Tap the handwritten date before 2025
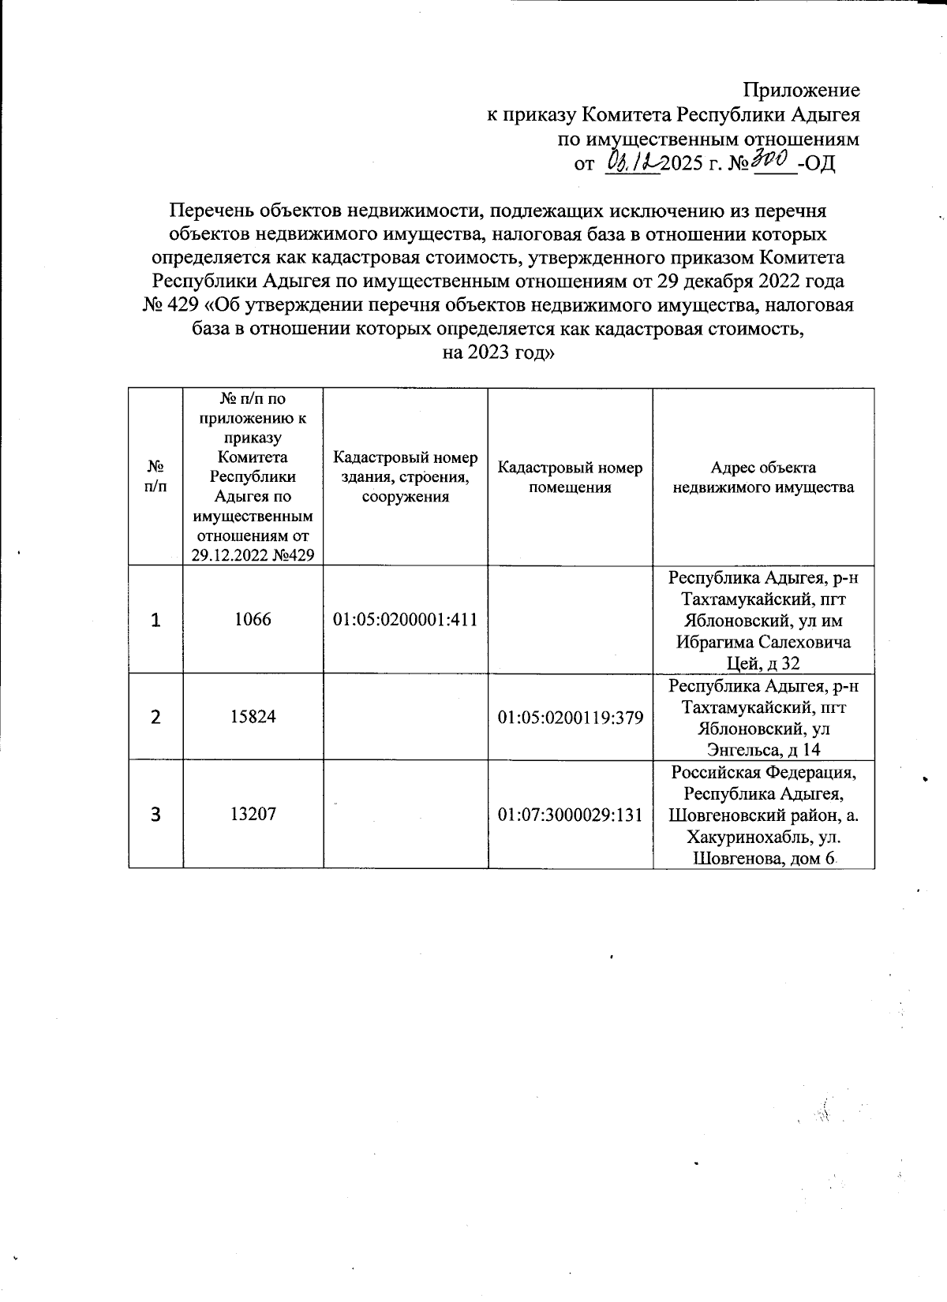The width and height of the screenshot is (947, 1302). click(632, 163)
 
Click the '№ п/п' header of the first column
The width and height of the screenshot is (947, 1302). click(155, 477)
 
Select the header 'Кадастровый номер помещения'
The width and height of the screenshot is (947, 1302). click(570, 477)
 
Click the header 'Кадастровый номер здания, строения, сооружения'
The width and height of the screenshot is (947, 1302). click(405, 477)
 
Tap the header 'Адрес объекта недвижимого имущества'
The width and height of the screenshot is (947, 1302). click(762, 477)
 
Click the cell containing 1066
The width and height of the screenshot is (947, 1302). click(253, 620)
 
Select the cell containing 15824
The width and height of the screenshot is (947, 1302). click(253, 717)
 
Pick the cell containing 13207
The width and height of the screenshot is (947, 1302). click(253, 814)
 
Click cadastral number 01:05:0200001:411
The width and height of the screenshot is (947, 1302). click(405, 620)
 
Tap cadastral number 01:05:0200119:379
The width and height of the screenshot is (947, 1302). click(570, 717)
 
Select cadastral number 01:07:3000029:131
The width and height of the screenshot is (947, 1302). click(570, 814)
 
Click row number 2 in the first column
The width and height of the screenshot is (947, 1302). click(155, 717)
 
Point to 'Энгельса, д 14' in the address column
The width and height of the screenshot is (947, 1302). click(763, 750)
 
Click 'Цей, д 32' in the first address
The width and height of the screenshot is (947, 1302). click(763, 663)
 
